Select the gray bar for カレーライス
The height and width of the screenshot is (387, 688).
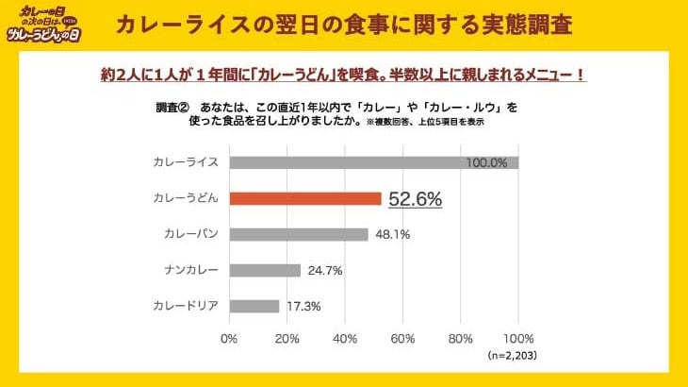(x=373, y=162)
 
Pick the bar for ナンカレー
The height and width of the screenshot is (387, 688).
(x=265, y=271)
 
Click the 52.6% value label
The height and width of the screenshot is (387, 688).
(x=416, y=199)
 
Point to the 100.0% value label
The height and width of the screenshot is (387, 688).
(x=486, y=162)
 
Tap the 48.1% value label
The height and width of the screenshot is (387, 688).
(x=390, y=235)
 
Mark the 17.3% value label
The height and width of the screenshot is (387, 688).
(x=302, y=306)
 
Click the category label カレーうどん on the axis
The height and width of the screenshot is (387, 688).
(x=186, y=199)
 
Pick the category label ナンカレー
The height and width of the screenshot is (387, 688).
(x=191, y=271)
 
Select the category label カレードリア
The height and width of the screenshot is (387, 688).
(x=186, y=306)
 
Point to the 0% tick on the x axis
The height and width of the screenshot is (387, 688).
(x=229, y=338)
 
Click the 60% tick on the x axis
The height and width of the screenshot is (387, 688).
(x=402, y=338)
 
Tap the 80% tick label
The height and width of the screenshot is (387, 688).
(x=460, y=338)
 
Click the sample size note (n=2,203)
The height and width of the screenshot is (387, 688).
(x=511, y=357)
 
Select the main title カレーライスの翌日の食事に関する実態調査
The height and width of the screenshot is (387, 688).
(x=343, y=25)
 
